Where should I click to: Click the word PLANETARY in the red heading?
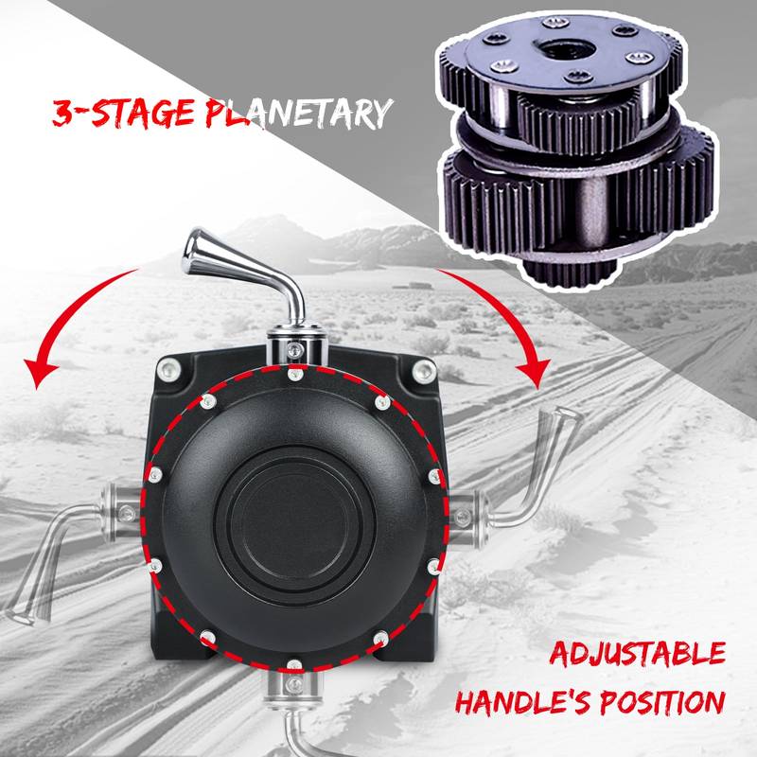pos(298,114)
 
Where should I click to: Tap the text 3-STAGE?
pos(125,113)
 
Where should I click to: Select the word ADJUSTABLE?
pos(637,654)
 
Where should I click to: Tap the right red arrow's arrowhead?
pos(534,374)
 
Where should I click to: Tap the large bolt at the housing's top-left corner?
pos(169,370)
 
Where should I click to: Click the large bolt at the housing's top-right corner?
pos(424,371)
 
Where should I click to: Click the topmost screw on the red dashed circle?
pos(295,374)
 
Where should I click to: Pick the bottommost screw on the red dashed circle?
pos(294,665)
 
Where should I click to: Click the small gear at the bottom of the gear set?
pos(570,272)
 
